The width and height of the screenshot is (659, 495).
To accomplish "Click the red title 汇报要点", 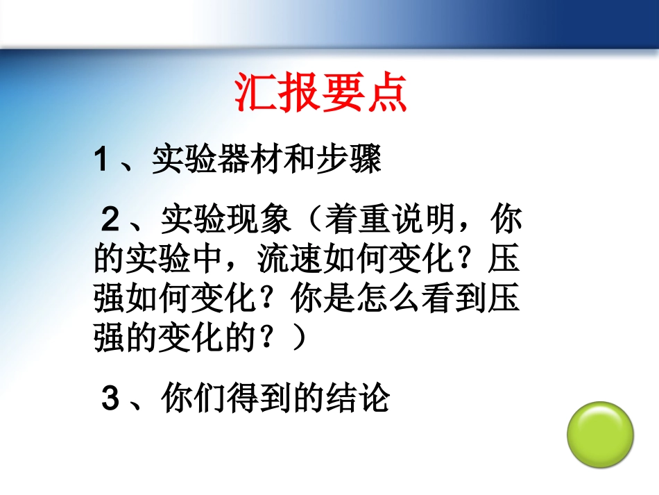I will (x=320, y=92).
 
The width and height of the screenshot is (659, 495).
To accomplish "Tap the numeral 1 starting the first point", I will (x=102, y=162).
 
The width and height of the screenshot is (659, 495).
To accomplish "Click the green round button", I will (x=600, y=435).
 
